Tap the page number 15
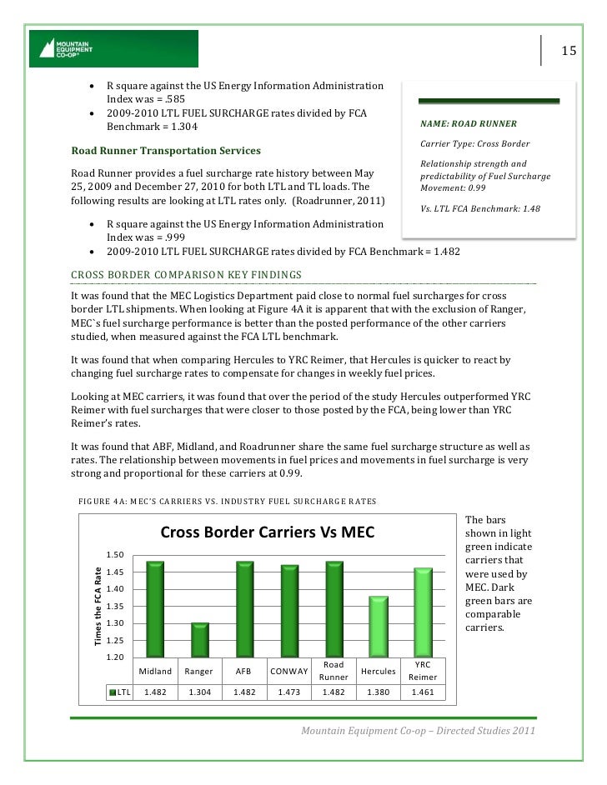click(x=568, y=51)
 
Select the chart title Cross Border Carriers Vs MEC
click(x=268, y=532)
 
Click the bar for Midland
click(x=155, y=609)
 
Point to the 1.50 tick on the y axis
click(x=115, y=555)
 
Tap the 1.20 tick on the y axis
click(x=115, y=658)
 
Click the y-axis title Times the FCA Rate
click(x=98, y=605)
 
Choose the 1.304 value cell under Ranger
click(x=200, y=692)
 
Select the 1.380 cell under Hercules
click(x=379, y=692)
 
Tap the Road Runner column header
click(x=334, y=672)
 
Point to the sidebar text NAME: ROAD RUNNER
click(x=469, y=125)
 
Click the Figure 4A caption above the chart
click(x=226, y=501)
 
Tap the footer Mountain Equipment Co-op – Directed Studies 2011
click(x=418, y=731)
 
